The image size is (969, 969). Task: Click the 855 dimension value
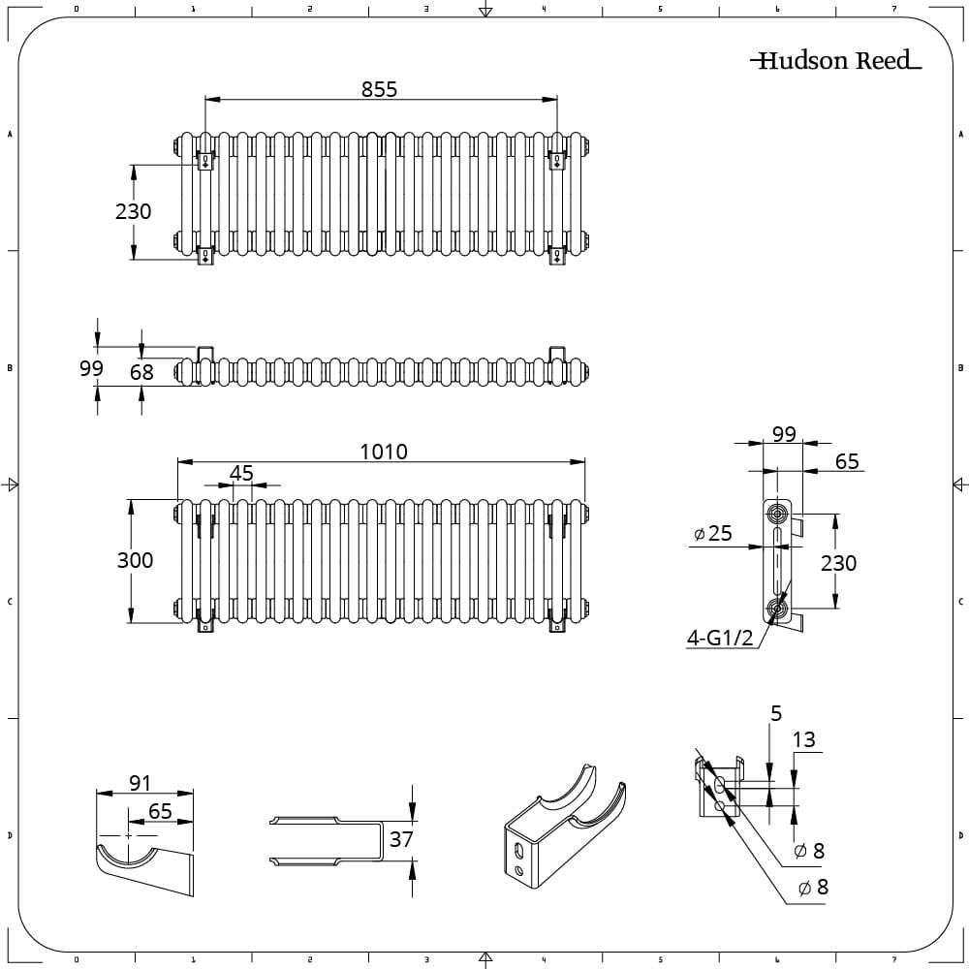pyautogui.click(x=379, y=88)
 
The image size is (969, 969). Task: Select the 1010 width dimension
pyautogui.click(x=384, y=452)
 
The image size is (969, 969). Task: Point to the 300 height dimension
pyautogui.click(x=135, y=560)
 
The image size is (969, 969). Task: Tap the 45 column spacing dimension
pyautogui.click(x=241, y=473)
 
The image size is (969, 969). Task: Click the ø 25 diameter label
pyautogui.click(x=714, y=534)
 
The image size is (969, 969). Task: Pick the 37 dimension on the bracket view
pyautogui.click(x=401, y=839)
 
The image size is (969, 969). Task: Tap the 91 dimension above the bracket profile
pyautogui.click(x=141, y=783)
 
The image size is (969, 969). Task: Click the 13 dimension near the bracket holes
pyautogui.click(x=803, y=740)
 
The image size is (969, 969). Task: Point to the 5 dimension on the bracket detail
pyautogui.click(x=775, y=714)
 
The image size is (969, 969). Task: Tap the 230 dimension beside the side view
pyautogui.click(x=838, y=563)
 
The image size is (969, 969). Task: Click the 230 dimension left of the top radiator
pyautogui.click(x=134, y=211)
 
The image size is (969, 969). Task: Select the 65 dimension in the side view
pyautogui.click(x=847, y=462)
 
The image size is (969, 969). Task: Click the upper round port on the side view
pyautogui.click(x=776, y=511)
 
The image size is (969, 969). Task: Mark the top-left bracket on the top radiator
pyautogui.click(x=205, y=161)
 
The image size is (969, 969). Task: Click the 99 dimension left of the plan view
pyautogui.click(x=91, y=369)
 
